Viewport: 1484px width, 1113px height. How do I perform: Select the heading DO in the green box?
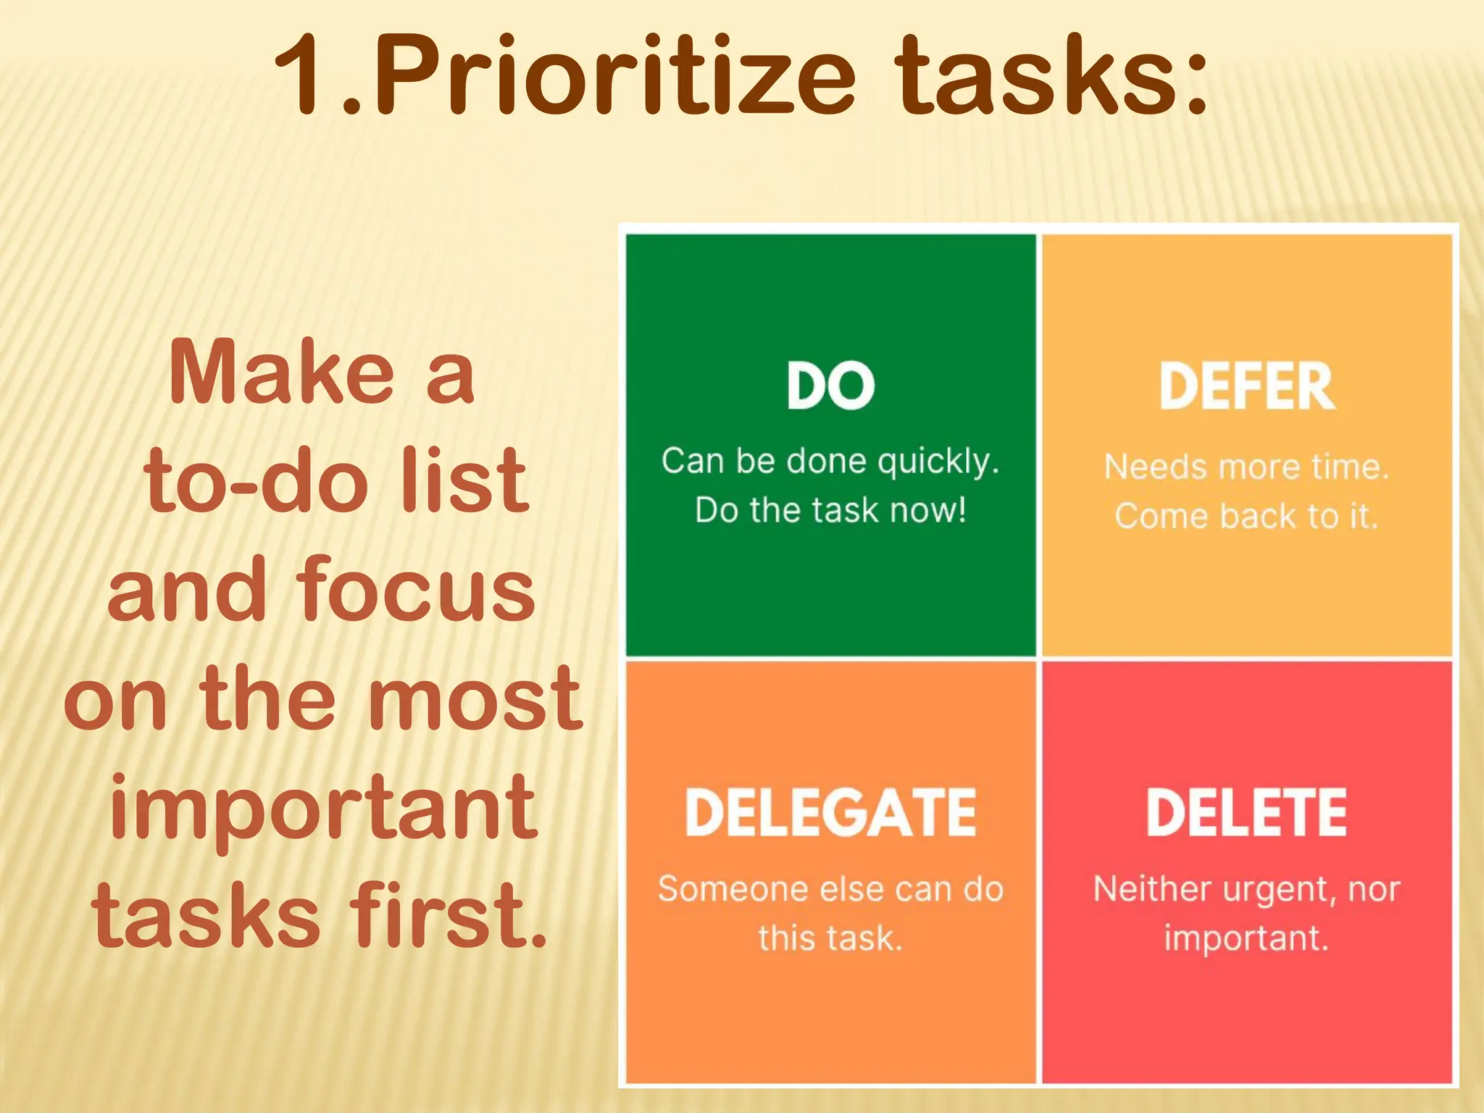(x=830, y=385)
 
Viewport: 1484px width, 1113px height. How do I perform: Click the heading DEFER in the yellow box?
(x=1246, y=387)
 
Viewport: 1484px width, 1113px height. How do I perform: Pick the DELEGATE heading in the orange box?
(x=830, y=812)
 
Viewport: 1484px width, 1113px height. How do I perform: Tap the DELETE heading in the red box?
(x=1246, y=812)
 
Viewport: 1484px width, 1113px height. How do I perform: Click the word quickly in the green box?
(x=938, y=462)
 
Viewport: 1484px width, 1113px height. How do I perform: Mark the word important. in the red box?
(x=1246, y=938)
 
